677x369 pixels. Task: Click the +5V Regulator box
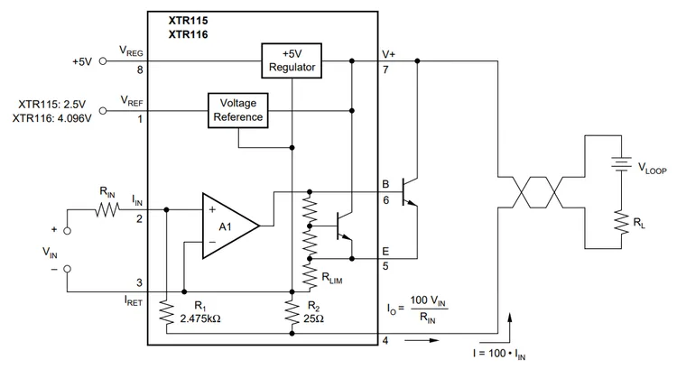[x=291, y=60]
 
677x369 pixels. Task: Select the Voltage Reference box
[x=238, y=109]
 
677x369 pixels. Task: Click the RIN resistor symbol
[x=108, y=209]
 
